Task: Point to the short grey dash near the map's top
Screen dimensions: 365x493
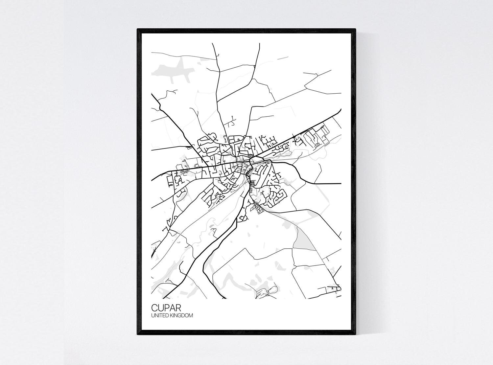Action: click(x=282, y=58)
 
